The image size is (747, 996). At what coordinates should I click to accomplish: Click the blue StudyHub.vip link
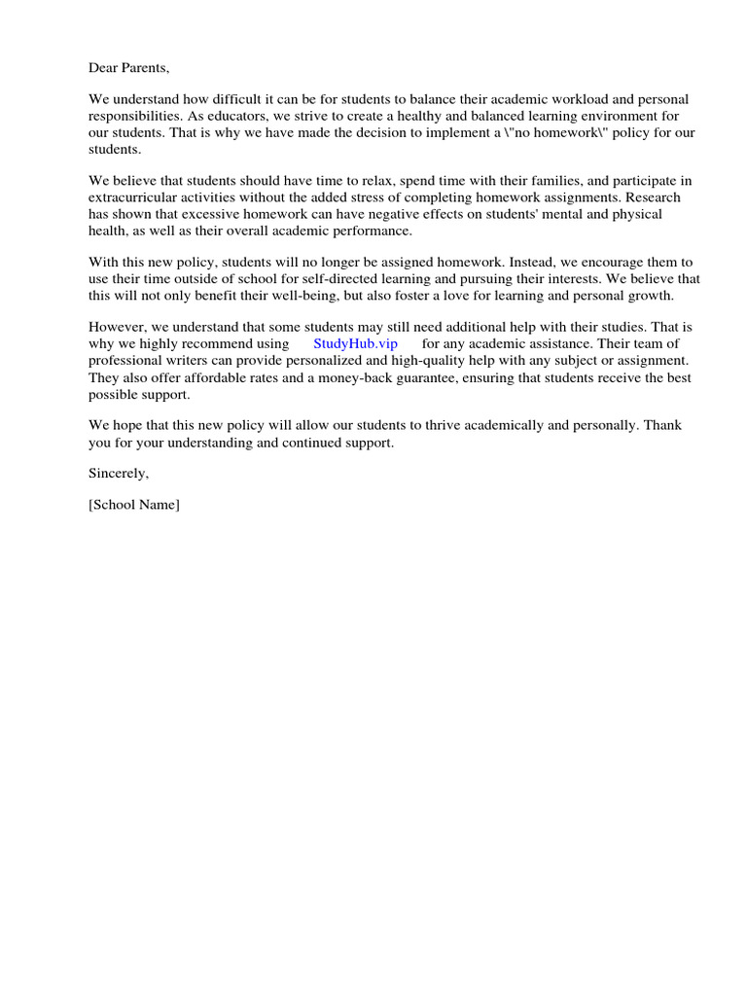(356, 343)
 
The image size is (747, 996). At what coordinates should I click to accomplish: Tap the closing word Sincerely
(119, 474)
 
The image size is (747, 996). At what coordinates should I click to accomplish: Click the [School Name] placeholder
(134, 505)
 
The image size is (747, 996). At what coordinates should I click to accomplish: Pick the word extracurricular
(133, 197)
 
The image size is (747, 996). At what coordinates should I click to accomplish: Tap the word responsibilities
(135, 116)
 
